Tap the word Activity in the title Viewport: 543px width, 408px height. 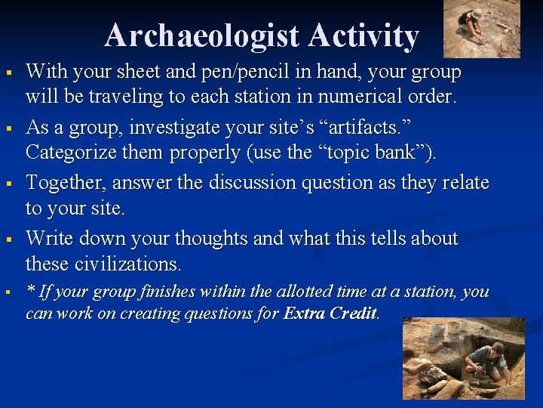(x=364, y=36)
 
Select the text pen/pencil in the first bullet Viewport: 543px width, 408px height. (x=225, y=72)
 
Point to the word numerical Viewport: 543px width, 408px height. (x=353, y=97)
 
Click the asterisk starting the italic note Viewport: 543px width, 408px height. (x=30, y=290)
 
